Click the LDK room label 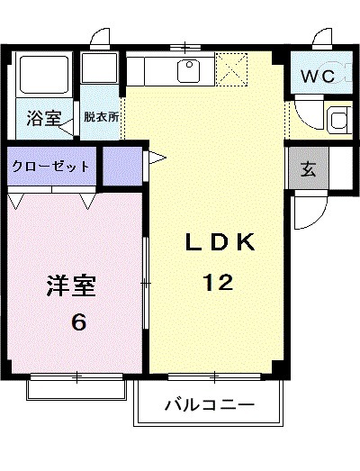point(221,242)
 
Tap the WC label point(318,77)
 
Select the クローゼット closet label point(50,167)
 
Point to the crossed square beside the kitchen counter point(230,68)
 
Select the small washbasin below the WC point(339,119)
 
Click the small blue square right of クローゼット point(122,167)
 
